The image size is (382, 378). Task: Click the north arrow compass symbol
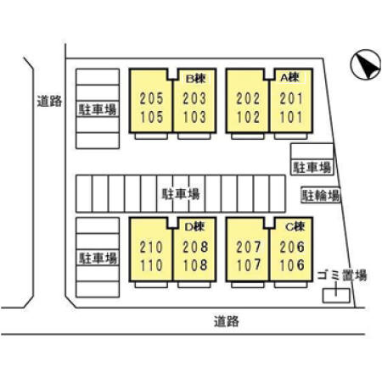[365, 64]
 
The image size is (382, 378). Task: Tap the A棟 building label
[289, 77]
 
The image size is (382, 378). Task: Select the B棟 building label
[195, 79]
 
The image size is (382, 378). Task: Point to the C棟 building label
[295, 226]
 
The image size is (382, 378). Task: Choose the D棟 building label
[195, 226]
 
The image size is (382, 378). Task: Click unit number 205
[152, 98]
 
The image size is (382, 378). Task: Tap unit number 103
[194, 117]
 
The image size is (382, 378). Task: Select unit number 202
[248, 98]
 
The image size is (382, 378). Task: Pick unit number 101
[291, 117]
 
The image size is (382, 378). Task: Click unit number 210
[151, 247]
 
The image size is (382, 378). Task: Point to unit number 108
[195, 265]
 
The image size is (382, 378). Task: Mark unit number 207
[249, 247]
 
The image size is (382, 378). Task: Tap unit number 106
[292, 265]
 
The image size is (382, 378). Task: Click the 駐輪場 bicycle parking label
[321, 195]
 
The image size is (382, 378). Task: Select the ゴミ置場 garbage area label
[342, 275]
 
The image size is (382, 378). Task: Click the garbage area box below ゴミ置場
[336, 296]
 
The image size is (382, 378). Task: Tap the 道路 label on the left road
[49, 101]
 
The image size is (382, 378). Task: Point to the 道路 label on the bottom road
[226, 321]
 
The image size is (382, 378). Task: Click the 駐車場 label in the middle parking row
[181, 194]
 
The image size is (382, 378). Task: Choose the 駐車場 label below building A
[312, 167]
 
